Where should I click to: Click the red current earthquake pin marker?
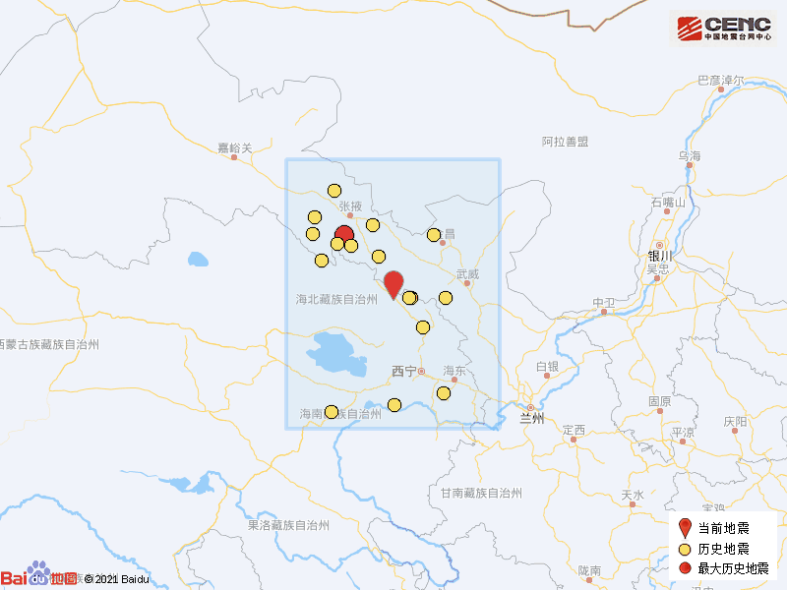393,283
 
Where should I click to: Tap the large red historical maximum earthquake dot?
344,235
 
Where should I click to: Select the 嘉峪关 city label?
235,148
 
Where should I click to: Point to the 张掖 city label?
350,206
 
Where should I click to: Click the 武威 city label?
467,274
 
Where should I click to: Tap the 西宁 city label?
403,371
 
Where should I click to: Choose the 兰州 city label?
532,418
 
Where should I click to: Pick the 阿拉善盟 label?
565,142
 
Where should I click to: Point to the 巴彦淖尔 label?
721,80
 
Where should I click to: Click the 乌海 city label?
689,156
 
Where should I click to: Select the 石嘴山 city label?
668,203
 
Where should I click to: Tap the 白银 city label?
547,367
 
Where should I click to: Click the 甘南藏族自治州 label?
481,492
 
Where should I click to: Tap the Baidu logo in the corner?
39,578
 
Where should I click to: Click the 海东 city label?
454,371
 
